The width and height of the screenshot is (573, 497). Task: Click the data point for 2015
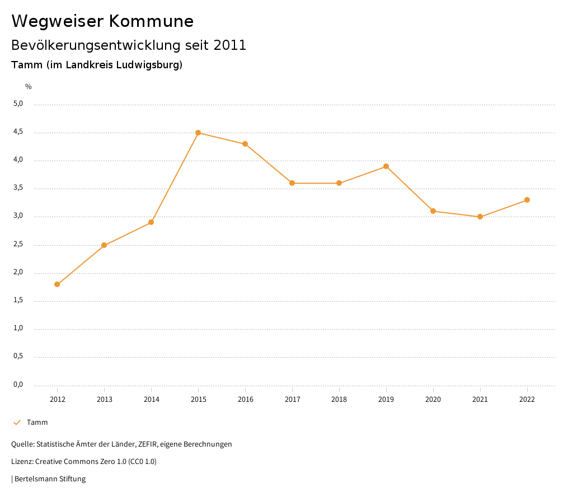click(x=198, y=133)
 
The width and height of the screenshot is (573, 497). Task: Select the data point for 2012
click(x=57, y=284)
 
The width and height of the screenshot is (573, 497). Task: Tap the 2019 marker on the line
click(x=386, y=166)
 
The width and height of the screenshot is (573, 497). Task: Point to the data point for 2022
click(x=527, y=200)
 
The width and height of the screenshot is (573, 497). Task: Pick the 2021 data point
click(x=480, y=217)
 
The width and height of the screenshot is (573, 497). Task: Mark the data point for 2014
click(x=151, y=222)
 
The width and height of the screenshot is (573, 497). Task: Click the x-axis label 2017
click(x=292, y=400)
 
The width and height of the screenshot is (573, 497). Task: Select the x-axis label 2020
click(x=433, y=400)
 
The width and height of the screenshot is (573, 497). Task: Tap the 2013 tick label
click(x=104, y=400)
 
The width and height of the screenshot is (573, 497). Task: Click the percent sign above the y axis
click(x=29, y=87)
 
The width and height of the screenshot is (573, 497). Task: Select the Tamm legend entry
click(x=37, y=423)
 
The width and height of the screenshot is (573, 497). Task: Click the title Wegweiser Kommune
click(x=102, y=21)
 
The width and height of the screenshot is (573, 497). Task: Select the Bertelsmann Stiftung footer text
click(x=50, y=479)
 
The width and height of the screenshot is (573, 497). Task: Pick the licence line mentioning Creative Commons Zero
click(x=84, y=462)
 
